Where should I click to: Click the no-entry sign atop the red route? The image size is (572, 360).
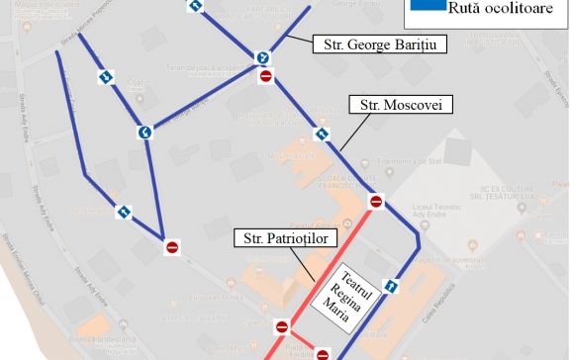[376, 203]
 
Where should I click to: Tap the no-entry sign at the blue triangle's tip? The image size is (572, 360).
[172, 246]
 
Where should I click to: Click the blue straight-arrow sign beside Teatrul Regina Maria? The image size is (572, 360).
[391, 288]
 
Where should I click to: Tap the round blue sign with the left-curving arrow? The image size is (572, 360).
[144, 132]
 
